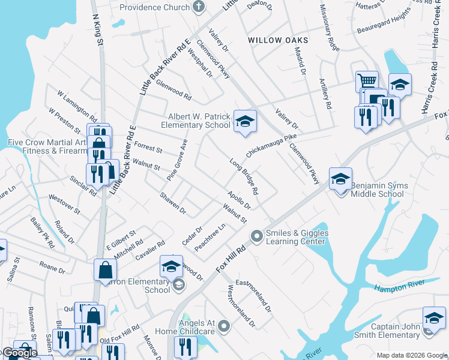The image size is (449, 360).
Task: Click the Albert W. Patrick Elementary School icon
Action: tap(244, 121)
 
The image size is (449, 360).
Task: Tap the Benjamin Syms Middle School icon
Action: tap(340, 178)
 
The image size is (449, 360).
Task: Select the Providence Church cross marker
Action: tap(199, 7)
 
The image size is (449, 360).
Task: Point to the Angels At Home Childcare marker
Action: tap(224, 326)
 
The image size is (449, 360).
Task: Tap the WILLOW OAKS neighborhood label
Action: tap(278, 40)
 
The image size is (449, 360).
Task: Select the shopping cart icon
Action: tap(367, 81)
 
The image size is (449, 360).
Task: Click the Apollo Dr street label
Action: tap(238, 200)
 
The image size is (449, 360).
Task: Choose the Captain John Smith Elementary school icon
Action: tap(434, 317)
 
